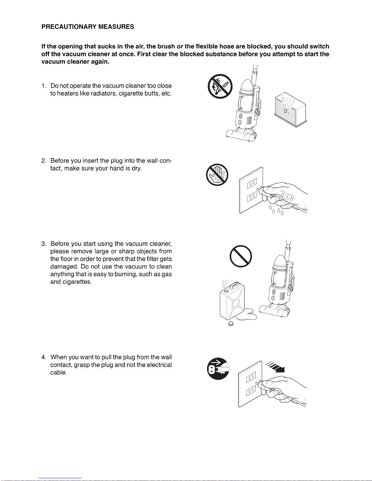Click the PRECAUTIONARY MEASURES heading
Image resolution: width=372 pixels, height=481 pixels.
click(87, 27)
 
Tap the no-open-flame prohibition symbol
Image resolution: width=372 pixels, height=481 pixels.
click(220, 86)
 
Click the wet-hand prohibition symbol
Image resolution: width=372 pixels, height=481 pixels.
click(217, 175)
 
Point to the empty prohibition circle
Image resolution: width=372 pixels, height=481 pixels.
click(241, 256)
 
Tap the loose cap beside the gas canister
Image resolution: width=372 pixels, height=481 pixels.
click(231, 324)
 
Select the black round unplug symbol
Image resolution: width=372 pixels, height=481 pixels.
click(218, 369)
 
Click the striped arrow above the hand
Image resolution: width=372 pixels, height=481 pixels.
click(276, 367)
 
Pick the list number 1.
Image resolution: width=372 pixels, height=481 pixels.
click(44, 86)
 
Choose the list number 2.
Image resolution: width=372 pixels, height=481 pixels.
click(44, 161)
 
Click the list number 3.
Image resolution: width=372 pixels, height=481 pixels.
click(44, 244)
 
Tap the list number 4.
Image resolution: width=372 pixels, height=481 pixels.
click(44, 357)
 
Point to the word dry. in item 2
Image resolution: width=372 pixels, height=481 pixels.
click(137, 168)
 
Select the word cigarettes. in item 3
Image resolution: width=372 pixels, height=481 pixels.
click(77, 282)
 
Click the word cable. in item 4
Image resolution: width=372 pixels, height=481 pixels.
click(58, 373)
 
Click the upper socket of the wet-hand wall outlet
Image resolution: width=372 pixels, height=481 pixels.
click(252, 183)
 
